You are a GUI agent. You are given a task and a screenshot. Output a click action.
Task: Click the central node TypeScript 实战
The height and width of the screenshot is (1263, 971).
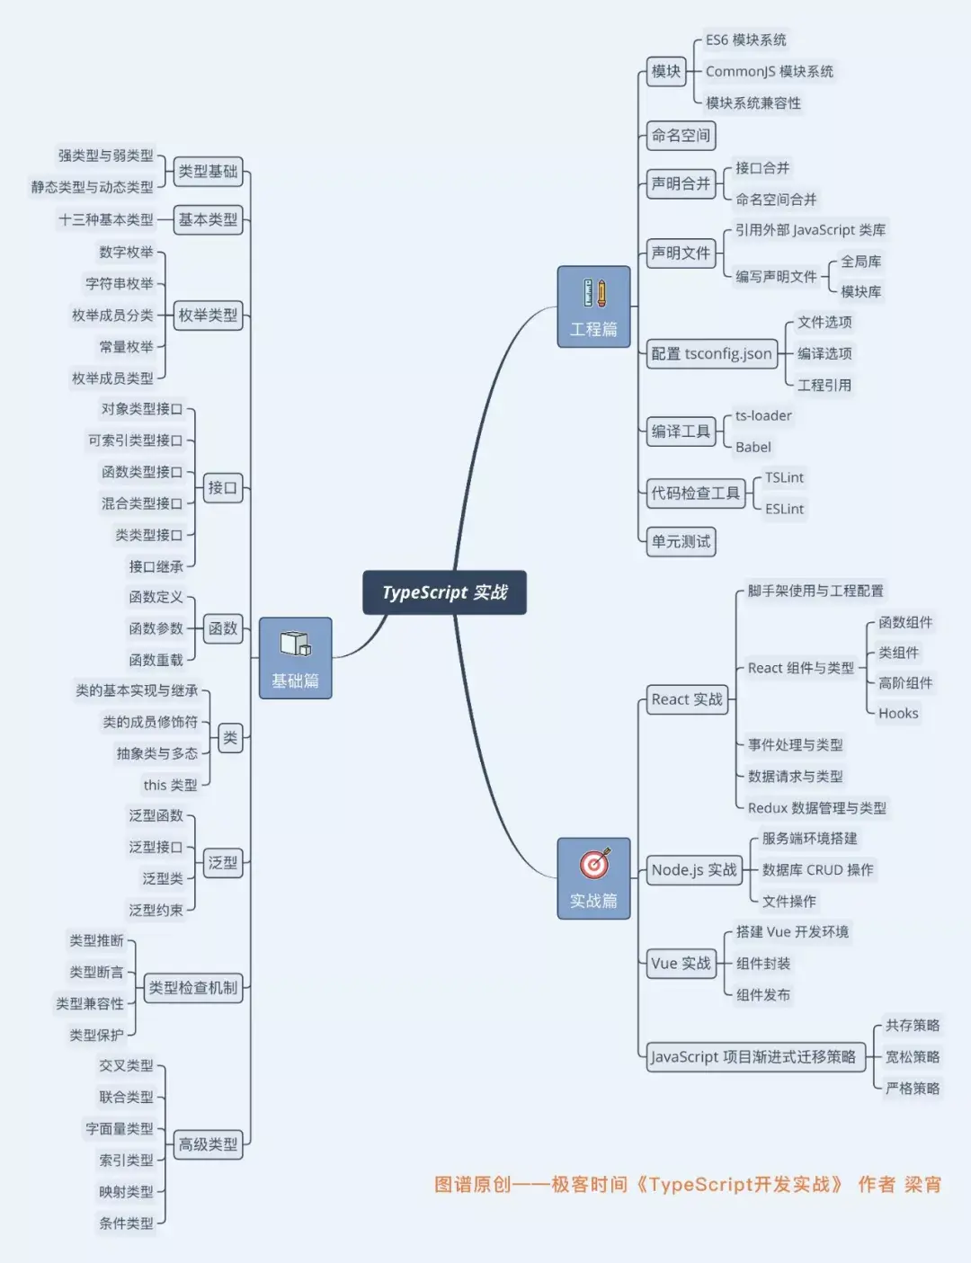click(444, 592)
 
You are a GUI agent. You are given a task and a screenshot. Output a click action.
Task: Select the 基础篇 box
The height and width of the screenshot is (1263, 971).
click(295, 658)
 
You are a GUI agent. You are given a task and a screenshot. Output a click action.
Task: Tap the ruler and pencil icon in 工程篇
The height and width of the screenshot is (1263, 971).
click(593, 294)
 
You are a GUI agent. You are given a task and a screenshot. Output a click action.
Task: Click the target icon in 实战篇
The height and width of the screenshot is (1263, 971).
click(593, 864)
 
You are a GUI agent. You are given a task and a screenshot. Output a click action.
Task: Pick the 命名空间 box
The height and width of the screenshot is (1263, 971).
click(681, 136)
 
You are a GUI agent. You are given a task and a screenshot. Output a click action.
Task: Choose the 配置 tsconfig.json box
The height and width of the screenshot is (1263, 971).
click(711, 354)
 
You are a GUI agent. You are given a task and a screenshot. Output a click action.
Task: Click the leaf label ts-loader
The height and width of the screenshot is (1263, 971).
click(763, 415)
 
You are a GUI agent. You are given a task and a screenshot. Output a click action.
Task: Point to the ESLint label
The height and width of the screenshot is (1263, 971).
click(784, 509)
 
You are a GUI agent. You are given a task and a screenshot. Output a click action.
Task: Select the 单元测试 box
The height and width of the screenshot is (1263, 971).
click(681, 541)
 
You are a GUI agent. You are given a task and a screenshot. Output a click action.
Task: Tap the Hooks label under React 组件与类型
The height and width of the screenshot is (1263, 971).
click(898, 714)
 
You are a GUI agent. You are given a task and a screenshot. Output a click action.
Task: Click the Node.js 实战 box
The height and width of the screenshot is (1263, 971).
click(693, 870)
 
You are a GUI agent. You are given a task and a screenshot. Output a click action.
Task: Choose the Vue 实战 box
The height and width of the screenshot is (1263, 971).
click(681, 964)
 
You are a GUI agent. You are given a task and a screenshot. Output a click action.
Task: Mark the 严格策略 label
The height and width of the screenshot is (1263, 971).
click(912, 1089)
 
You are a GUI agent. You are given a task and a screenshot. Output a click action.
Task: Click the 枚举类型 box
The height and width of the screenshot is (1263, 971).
click(208, 316)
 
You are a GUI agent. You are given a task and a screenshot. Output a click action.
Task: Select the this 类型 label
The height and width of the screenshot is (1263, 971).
click(170, 786)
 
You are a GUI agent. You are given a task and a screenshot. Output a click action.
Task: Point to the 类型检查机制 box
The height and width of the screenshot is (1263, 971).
click(192, 988)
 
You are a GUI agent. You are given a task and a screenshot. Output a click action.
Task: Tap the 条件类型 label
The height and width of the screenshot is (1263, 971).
click(126, 1223)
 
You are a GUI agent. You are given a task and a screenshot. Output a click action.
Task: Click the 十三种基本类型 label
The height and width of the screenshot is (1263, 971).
click(106, 219)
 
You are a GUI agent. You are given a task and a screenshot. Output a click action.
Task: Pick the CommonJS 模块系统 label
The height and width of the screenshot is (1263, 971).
click(769, 72)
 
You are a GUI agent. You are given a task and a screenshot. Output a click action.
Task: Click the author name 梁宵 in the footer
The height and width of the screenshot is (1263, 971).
click(922, 1185)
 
